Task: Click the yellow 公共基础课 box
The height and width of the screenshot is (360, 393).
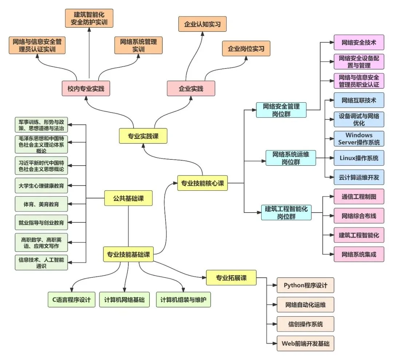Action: [x=128, y=198]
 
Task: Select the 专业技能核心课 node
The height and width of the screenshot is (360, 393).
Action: [x=202, y=183]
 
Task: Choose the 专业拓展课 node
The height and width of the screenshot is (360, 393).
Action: [x=231, y=278]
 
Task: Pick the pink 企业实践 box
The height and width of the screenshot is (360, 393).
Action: [x=191, y=88]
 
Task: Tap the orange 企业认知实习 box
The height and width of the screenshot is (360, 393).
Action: [x=202, y=24]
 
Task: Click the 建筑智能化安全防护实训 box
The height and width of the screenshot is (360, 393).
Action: [x=89, y=18]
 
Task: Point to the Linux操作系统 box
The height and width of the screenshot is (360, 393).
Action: [x=359, y=158]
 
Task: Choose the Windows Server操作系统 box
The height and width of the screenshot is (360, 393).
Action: [x=359, y=139]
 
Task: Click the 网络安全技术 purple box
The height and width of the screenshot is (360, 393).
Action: [x=359, y=43]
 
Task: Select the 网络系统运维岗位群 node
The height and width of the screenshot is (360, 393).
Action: [x=291, y=158]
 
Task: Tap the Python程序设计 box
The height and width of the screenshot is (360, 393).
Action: [x=305, y=285]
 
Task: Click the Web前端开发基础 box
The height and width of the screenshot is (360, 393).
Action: [x=305, y=343]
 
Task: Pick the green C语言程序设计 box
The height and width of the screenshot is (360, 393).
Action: [x=71, y=300]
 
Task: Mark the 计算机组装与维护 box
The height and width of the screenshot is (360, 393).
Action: [x=183, y=300]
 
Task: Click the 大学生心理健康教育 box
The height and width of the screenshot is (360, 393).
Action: [x=41, y=185]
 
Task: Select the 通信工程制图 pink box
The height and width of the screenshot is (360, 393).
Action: [x=359, y=197]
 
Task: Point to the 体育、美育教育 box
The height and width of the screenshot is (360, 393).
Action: [x=41, y=204]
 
